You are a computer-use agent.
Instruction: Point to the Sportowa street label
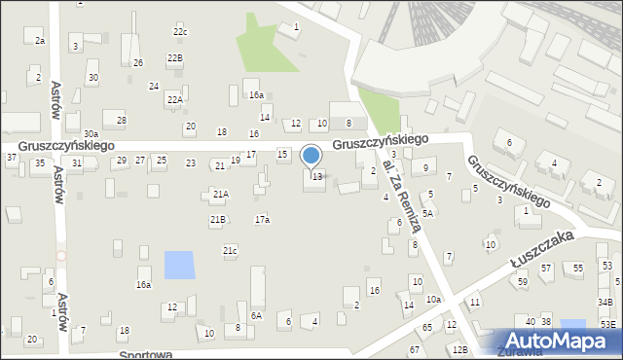click(x=146, y=355)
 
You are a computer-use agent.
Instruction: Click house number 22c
click(x=180, y=32)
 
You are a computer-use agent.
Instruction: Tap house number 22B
click(x=174, y=58)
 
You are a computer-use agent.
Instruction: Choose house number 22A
click(x=174, y=99)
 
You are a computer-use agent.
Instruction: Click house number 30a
click(x=91, y=133)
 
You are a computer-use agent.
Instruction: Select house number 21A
click(x=220, y=195)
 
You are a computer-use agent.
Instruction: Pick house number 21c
click(x=230, y=252)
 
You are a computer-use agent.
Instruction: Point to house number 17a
click(x=262, y=220)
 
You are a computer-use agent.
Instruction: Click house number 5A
click(x=426, y=212)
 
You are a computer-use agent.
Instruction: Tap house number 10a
click(x=432, y=299)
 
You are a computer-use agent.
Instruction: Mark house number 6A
click(x=256, y=315)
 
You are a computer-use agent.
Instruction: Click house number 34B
click(x=605, y=303)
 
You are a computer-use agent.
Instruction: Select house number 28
click(x=121, y=121)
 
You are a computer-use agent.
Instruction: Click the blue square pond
click(x=178, y=265)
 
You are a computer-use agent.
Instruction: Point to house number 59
click(x=522, y=282)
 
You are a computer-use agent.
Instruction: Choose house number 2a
click(x=40, y=41)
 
